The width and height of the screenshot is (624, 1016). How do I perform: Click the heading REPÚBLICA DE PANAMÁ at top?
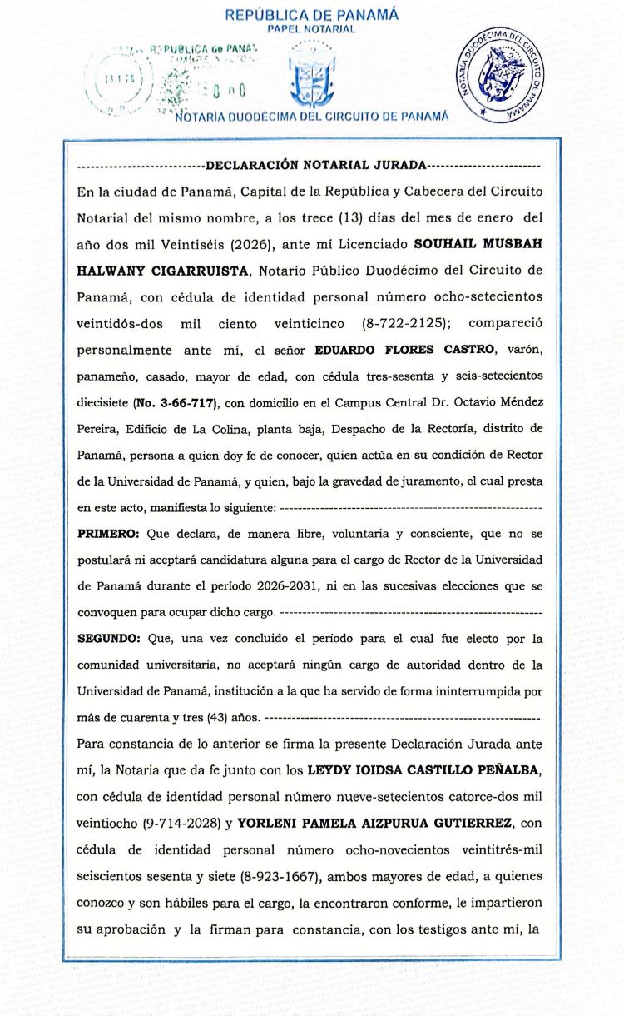click(311, 14)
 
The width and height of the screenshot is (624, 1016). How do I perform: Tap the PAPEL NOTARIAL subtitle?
click(311, 29)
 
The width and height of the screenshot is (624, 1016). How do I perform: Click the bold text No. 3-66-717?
click(175, 404)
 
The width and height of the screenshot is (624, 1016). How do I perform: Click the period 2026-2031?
click(287, 585)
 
